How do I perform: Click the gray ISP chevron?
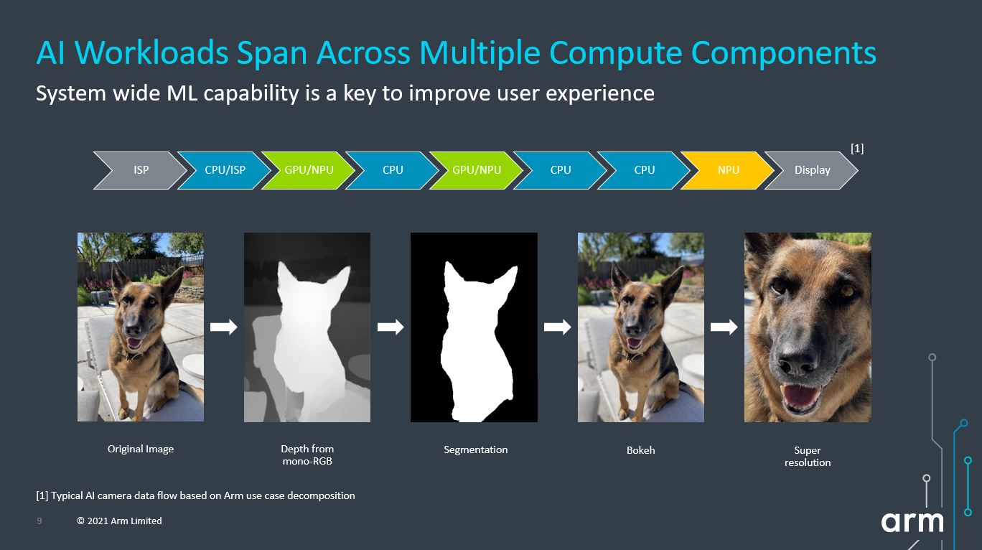(x=140, y=170)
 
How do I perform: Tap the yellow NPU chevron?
(x=728, y=170)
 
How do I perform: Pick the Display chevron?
(x=812, y=170)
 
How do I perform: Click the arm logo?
(x=912, y=522)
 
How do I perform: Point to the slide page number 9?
(x=39, y=521)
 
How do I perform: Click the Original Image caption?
(x=141, y=449)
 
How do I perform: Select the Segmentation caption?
(x=476, y=450)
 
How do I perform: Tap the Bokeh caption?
(x=640, y=450)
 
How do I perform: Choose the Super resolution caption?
(x=808, y=456)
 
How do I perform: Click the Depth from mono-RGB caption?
(x=307, y=455)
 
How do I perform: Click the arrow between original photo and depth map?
(x=223, y=327)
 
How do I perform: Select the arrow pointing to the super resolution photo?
(x=724, y=327)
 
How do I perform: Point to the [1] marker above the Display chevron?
(x=857, y=149)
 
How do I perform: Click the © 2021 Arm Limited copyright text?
(x=119, y=521)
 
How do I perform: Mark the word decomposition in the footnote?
(x=321, y=496)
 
